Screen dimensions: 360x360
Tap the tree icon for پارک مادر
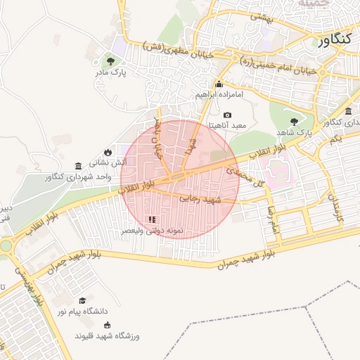pyautogui.click(x=110, y=60)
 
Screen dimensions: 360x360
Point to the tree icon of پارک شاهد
pyautogui.click(x=294, y=121)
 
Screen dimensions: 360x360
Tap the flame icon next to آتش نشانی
pyautogui.click(x=108, y=152)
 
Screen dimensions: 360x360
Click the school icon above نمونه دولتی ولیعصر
pyautogui.click(x=153, y=219)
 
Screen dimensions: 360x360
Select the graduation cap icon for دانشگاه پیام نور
pyautogui.click(x=82, y=300)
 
